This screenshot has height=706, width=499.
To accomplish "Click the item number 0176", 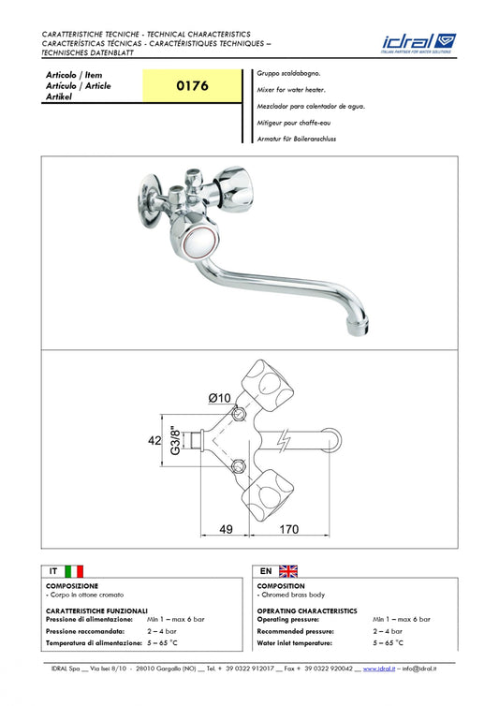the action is [192, 85].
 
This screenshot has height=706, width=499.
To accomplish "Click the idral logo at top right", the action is [418, 43].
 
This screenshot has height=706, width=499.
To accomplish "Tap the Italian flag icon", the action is [74, 571].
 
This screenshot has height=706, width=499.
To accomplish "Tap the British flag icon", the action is [288, 571].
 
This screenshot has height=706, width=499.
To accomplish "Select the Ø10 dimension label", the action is [219, 398].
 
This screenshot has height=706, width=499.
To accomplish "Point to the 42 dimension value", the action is [154, 440].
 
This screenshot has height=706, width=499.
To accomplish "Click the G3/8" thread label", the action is [176, 440].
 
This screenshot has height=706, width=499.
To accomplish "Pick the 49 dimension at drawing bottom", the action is [226, 529].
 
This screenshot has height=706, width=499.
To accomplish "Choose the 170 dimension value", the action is [288, 529].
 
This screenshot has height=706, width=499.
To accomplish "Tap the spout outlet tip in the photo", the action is [358, 326].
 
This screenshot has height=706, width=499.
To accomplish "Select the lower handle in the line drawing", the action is [268, 495].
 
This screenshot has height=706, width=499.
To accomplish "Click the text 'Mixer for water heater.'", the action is [291, 90].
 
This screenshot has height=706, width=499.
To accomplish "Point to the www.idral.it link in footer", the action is [379, 669].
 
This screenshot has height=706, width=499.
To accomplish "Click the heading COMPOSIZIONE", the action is [72, 586].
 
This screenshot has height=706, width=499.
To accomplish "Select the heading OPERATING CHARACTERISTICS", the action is [307, 611].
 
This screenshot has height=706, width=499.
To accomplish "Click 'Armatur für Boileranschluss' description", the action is [297, 139].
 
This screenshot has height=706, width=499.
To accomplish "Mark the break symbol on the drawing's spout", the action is [284, 440].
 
